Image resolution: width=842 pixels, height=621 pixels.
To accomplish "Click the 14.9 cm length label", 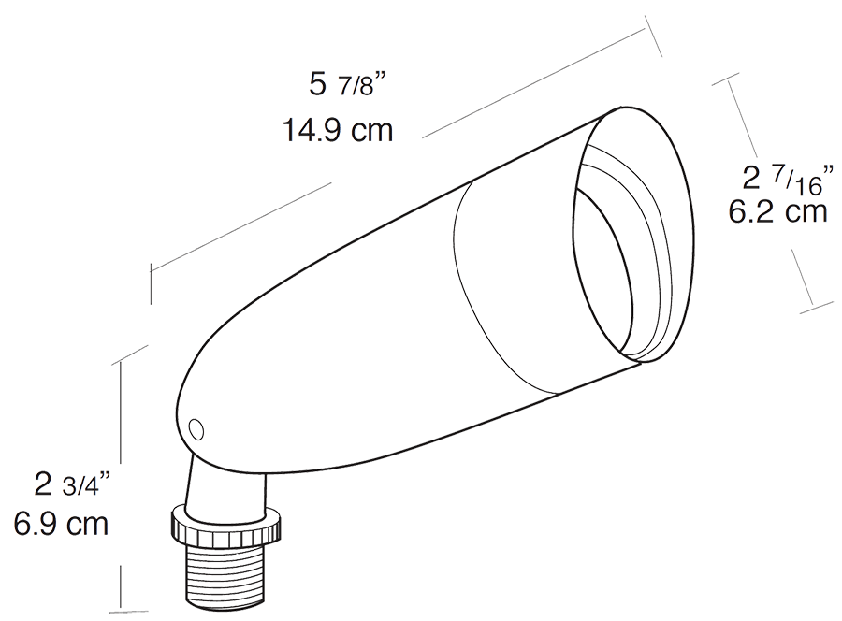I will pyautogui.click(x=337, y=129).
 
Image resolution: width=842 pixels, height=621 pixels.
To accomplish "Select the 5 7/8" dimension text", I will pyautogui.click(x=347, y=85).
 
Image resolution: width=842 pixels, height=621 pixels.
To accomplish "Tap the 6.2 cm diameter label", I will pyautogui.click(x=777, y=212).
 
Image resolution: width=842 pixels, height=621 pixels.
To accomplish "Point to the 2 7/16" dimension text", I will pyautogui.click(x=784, y=177).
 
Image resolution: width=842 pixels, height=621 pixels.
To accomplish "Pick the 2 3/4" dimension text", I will pyautogui.click(x=72, y=485).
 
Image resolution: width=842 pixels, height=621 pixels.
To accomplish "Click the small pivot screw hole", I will pyautogui.click(x=196, y=429).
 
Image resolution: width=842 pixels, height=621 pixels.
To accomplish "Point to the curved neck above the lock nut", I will pyautogui.click(x=205, y=482).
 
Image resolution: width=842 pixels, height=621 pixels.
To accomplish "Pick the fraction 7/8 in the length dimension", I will pyautogui.click(x=362, y=87).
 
